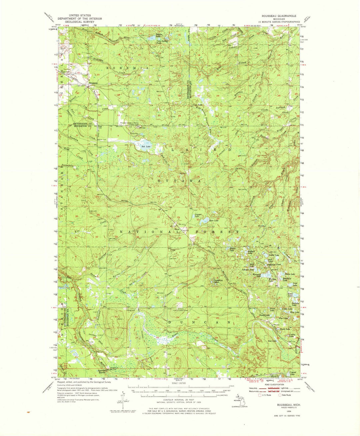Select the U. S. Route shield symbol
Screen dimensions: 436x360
[x=260, y=395]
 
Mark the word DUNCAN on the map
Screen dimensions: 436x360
[x=199, y=322]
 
